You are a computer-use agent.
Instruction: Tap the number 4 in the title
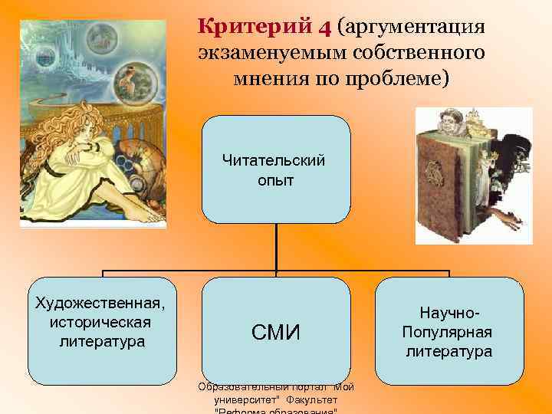tap(324, 28)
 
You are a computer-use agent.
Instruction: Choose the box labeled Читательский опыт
tap(276, 169)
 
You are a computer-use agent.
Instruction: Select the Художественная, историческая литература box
tap(102, 330)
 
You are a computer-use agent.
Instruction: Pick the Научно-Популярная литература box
tap(449, 330)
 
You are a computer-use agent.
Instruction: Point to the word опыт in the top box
tap(276, 180)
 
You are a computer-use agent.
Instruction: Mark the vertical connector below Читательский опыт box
tap(276, 245)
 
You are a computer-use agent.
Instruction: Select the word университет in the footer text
tap(245, 399)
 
